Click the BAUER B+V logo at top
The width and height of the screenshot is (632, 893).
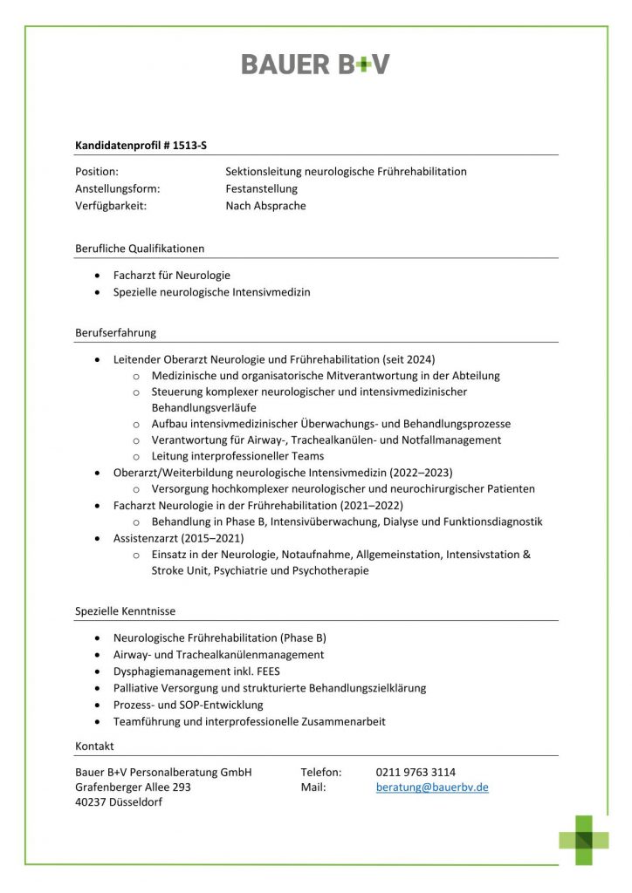315,64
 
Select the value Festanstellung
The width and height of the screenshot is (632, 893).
261,188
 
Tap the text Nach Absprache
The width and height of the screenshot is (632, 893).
265,206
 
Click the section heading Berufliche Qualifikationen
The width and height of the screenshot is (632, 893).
140,249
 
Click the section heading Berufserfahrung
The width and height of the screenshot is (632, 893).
115,332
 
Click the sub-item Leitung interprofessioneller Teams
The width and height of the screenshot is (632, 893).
237,456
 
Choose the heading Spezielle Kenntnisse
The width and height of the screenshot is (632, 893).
125,611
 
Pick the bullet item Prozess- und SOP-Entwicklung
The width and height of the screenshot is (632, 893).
188,704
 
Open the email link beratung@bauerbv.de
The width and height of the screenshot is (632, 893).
432,787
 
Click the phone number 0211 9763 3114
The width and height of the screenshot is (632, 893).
416,772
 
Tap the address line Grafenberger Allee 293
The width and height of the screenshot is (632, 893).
133,787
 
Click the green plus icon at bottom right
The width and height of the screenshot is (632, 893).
584,840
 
